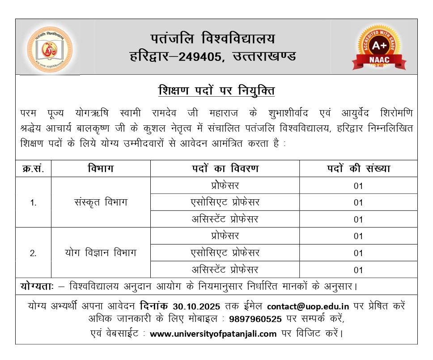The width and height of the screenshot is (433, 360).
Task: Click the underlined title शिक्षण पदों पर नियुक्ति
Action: click(216, 91)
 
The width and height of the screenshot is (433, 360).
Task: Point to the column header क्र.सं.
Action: click(33, 169)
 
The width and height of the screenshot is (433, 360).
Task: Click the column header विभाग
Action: click(101, 169)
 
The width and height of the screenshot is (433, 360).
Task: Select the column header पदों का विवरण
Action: click(225, 169)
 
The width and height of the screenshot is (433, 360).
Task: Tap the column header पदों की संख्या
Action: click(358, 169)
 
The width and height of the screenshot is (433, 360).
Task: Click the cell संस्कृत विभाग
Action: click(101, 202)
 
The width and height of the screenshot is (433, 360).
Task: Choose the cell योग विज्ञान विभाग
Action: click(101, 253)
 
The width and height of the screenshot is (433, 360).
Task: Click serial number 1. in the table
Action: click(33, 202)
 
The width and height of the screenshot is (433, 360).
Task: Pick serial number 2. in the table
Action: click(33, 253)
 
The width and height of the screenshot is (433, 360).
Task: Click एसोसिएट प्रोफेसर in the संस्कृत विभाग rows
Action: click(225, 202)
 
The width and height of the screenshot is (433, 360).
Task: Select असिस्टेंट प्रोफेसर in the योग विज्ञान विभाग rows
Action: click(225, 270)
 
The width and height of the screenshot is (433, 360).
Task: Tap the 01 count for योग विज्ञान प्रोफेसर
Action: click(358, 236)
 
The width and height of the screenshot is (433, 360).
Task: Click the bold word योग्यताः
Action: click(37, 286)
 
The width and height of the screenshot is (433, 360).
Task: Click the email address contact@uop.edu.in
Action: click(308, 307)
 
